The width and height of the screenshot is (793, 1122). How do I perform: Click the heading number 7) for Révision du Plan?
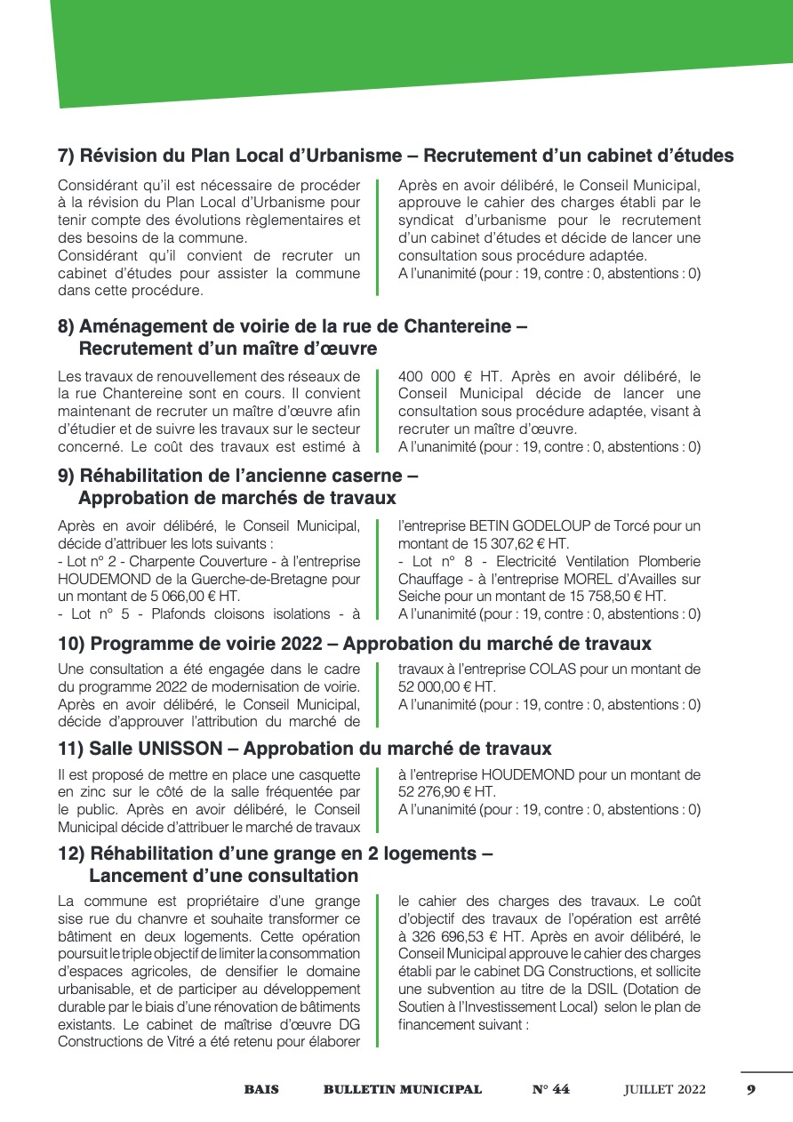click(x=67, y=156)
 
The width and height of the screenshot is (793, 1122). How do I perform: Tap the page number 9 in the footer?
click(x=751, y=1090)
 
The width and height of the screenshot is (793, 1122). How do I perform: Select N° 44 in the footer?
click(x=551, y=1090)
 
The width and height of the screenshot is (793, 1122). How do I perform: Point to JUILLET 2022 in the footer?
click(x=665, y=1090)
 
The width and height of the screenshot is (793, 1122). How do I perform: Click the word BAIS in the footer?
click(x=261, y=1090)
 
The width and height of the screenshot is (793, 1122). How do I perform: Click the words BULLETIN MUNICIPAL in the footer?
click(x=403, y=1090)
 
